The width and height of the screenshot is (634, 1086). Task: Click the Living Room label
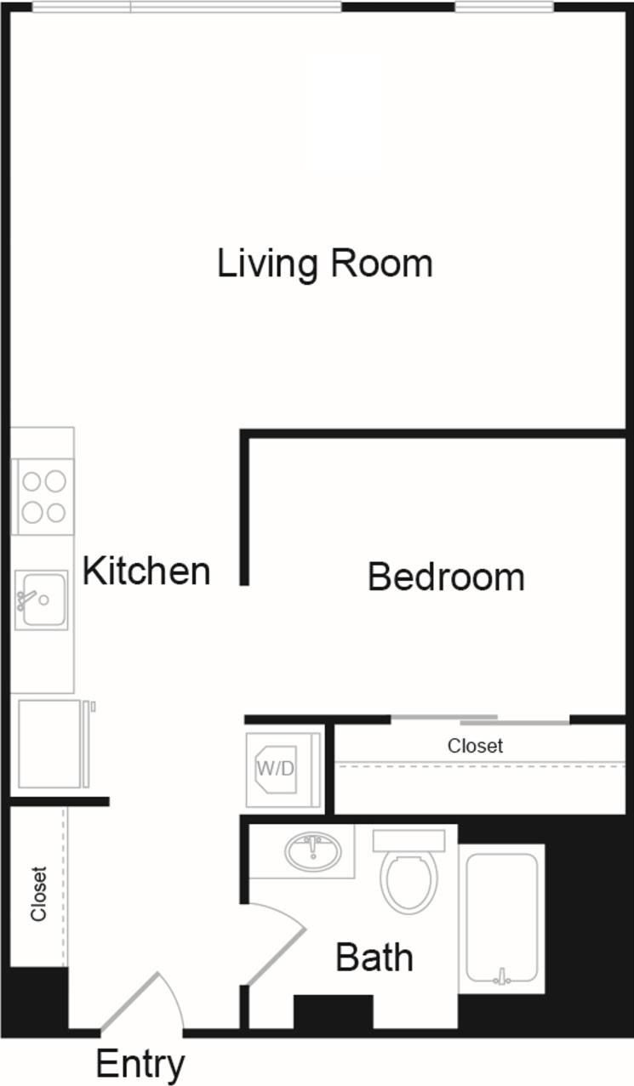[x=324, y=264]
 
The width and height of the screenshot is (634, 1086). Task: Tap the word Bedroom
[x=445, y=577]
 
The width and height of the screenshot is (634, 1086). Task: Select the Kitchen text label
[x=146, y=571]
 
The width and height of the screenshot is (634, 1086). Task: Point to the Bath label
[x=374, y=958]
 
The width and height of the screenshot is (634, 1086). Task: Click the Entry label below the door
[x=140, y=1064]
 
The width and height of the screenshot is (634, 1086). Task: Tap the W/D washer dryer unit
[x=276, y=769]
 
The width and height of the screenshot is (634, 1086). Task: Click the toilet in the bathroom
[x=408, y=876]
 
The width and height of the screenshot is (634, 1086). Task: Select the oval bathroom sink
[x=313, y=850]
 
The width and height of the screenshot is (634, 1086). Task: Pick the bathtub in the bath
[x=501, y=918]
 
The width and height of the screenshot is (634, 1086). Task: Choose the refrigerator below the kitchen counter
[x=51, y=743]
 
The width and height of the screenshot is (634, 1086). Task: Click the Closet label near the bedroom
[x=475, y=746]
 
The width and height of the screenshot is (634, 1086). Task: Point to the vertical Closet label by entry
[x=38, y=893]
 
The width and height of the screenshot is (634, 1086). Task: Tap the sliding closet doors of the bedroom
[x=481, y=720]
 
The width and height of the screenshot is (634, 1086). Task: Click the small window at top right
[x=504, y=8]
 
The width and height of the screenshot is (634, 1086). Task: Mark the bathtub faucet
[x=502, y=977]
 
